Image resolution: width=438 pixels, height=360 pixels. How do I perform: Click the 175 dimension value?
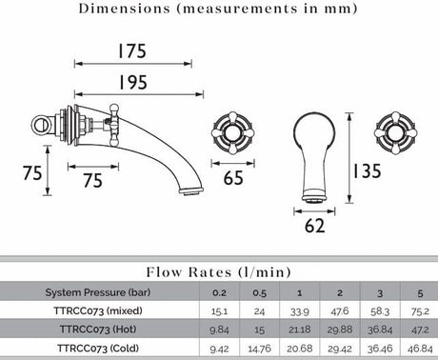132,51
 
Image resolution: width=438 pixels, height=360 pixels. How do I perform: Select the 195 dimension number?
132,82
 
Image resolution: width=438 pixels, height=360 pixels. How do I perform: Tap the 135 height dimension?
367,170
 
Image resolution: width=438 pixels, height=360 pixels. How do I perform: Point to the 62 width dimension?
314,226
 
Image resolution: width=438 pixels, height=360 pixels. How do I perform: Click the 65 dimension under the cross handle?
233,178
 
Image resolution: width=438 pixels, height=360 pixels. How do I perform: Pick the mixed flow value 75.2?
420,311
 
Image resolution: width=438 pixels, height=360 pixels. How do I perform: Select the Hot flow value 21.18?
299,330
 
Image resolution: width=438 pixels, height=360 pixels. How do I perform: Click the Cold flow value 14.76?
259,349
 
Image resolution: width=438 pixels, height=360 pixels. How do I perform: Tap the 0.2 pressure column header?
219,292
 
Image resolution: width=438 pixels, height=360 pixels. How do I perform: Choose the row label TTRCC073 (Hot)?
98,330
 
